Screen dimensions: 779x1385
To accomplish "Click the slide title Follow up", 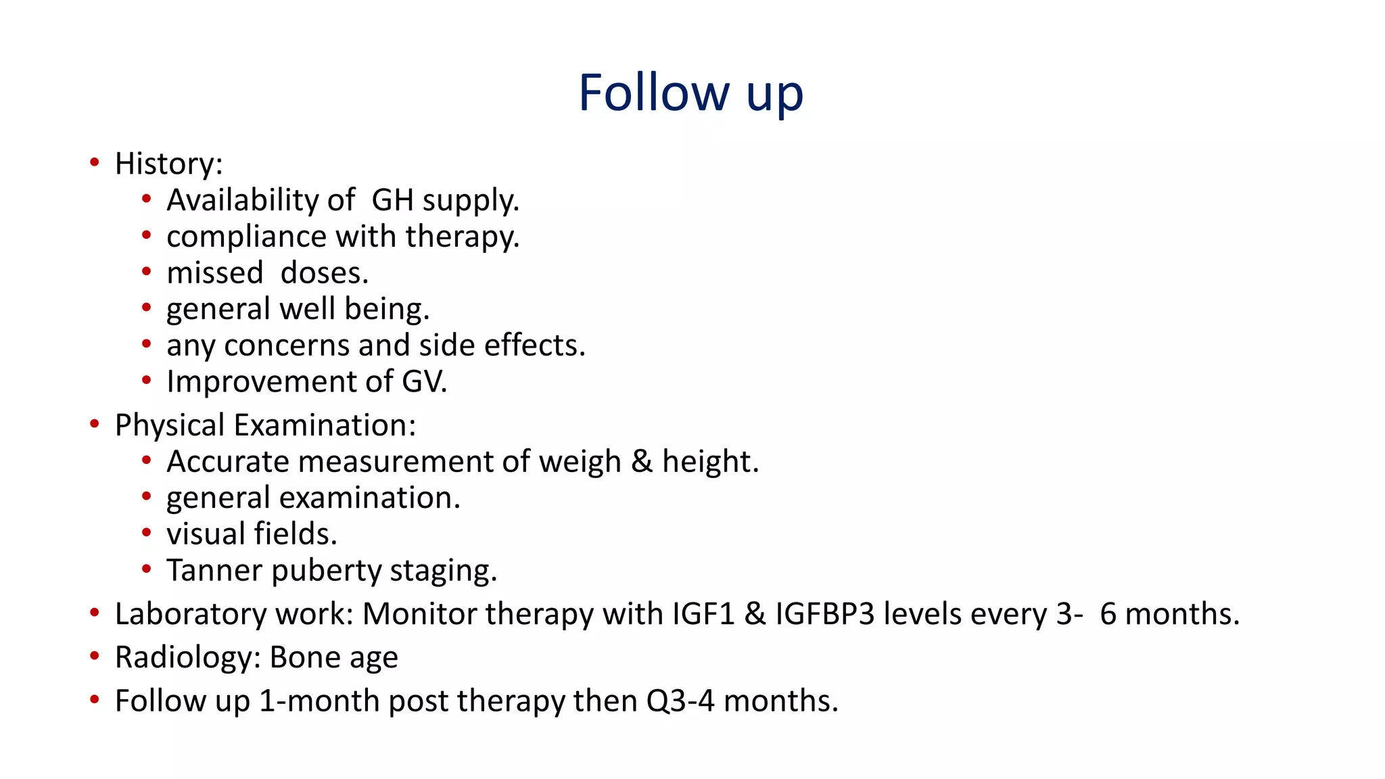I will pos(690,93).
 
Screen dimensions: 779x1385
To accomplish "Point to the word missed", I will pos(214,273).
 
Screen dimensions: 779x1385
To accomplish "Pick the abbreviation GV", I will pos(423,382).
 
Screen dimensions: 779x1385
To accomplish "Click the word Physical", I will pos(169,426).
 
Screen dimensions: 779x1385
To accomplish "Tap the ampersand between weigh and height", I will pos(641,462).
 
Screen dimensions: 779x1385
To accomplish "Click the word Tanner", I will pos(214,571).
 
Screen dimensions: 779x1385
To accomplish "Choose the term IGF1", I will pos(703,615).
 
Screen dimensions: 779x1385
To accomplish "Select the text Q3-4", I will pos(680,701).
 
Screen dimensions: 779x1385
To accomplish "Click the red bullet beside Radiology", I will pos(95,657).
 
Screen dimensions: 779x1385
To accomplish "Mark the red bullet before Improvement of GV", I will pos(147,381).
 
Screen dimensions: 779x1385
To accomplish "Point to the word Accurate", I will pos(228,462).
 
